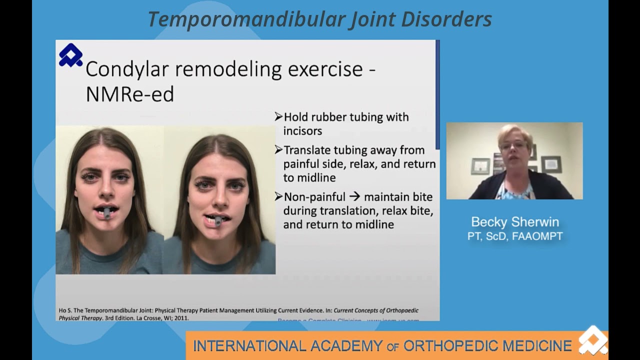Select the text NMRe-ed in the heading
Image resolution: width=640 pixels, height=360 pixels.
click(x=129, y=94)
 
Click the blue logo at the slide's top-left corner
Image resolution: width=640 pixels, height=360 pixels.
click(x=70, y=55)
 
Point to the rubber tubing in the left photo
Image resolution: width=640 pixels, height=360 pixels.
click(x=107, y=213)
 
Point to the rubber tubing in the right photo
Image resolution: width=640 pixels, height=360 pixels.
click(x=217, y=220)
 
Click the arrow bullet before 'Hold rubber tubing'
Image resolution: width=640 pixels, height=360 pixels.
click(x=278, y=117)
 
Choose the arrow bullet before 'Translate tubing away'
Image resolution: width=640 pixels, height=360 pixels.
click(x=278, y=150)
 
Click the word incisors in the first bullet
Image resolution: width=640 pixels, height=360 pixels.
click(x=302, y=131)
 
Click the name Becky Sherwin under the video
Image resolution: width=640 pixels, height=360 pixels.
click(x=515, y=222)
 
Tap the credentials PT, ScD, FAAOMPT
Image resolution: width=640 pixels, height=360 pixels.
click(x=515, y=236)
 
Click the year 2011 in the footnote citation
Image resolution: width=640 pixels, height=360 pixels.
click(x=180, y=317)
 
